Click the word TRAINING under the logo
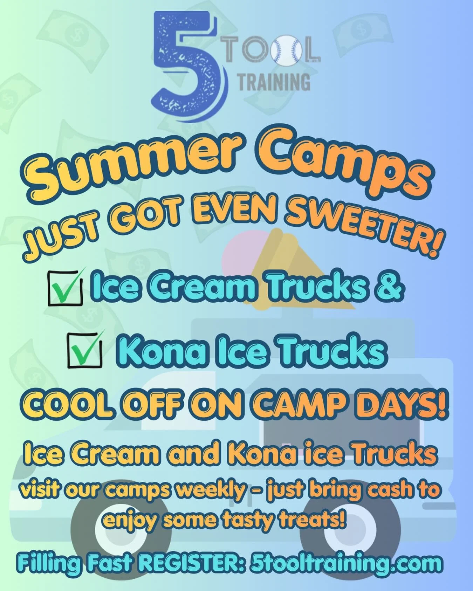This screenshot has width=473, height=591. tap(274, 82)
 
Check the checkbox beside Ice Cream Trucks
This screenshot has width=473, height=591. tap(65, 287)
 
